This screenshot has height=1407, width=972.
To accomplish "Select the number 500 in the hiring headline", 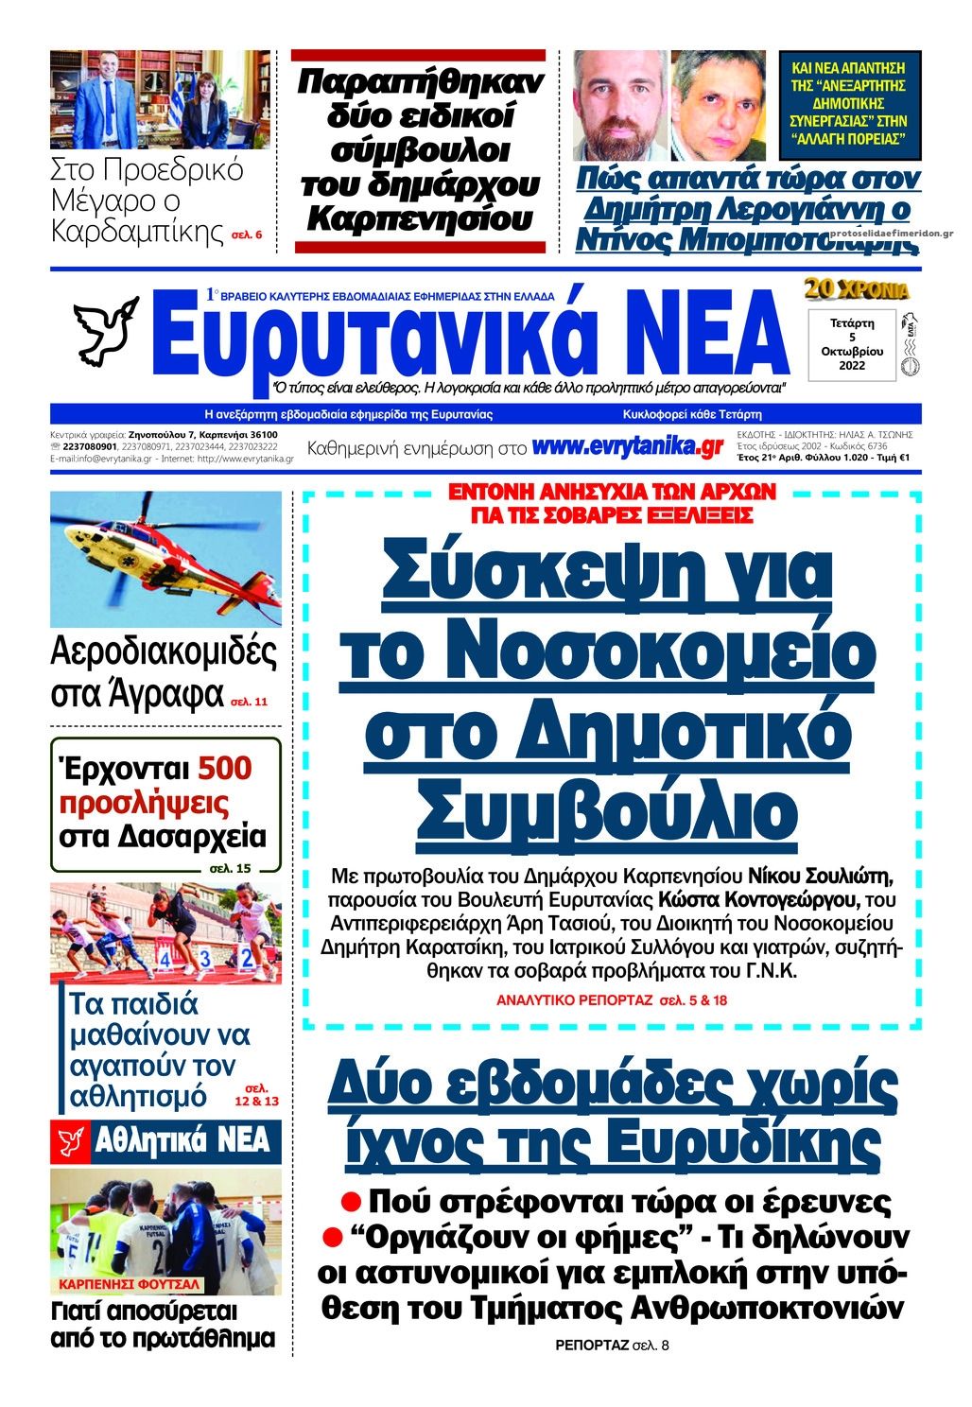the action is tap(224, 768).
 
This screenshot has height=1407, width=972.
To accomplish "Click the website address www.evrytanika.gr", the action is tap(627, 447).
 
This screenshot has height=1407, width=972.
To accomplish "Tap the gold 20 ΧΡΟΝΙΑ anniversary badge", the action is tap(857, 289).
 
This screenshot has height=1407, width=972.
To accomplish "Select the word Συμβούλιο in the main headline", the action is tap(607, 809).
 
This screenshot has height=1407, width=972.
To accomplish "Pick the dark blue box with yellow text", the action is tap(848, 103).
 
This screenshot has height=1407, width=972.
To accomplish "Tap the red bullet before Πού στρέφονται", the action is tap(352, 1201).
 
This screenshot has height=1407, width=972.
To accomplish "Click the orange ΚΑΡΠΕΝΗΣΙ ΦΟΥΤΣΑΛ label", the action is tap(129, 1284).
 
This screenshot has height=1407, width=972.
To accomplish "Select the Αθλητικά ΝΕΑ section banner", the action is tap(165, 1141).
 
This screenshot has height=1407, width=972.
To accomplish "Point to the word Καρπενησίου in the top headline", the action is tap(420, 220).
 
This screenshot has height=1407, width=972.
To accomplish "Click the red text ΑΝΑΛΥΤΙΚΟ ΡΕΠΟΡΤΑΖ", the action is tap(574, 999).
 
